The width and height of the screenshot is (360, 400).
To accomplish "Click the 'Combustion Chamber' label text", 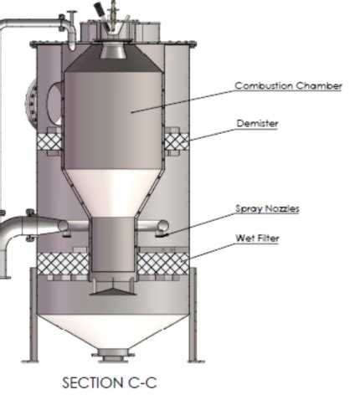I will (x=287, y=85).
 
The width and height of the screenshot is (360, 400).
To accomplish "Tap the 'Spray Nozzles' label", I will (x=267, y=208).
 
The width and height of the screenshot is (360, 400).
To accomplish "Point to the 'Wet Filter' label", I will (x=257, y=238).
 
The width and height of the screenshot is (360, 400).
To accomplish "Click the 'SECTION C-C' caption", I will (x=109, y=382).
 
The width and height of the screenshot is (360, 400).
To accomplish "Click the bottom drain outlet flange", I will (x=112, y=357).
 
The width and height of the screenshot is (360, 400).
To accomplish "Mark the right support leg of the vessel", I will (x=195, y=314).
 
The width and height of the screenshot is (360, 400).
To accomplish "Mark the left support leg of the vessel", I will (x=33, y=314).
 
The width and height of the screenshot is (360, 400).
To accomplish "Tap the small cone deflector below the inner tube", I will (x=113, y=290).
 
